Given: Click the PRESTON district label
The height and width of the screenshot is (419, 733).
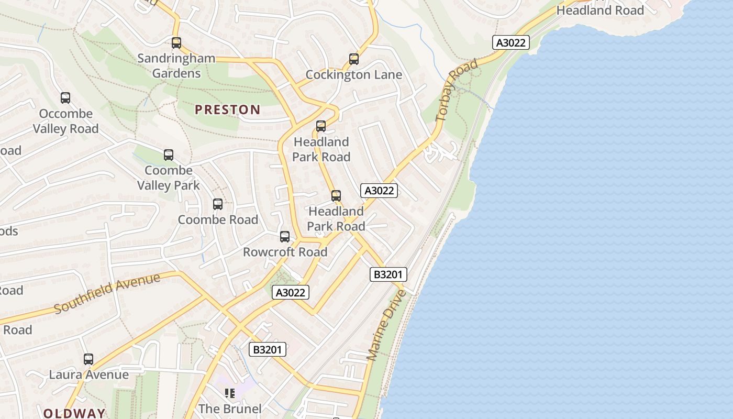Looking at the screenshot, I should point(227,109).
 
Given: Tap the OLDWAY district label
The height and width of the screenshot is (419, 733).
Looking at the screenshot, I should point(74,413).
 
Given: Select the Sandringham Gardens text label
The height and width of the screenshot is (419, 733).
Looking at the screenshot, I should point(176,65).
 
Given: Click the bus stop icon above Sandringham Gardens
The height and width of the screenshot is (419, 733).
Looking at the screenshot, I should point(176,43).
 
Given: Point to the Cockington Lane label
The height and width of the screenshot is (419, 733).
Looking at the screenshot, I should point(354,75).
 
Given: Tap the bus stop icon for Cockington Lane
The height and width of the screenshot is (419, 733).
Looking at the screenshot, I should point(354,59).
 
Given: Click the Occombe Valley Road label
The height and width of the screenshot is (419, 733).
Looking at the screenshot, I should point(66,121).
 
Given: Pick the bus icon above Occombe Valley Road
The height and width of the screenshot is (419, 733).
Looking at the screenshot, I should point(65,98).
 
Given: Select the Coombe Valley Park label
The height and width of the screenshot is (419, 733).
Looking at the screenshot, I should point(169,178).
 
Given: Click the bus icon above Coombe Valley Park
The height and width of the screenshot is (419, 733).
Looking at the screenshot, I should point(169,155).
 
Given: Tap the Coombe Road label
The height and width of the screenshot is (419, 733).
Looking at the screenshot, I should point(218,219).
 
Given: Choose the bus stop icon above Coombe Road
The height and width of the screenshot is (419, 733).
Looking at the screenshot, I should point(218,204).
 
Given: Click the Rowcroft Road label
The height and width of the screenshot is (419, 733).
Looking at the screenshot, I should point(285,252).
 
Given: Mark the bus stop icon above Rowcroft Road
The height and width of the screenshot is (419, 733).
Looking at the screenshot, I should point(285,237).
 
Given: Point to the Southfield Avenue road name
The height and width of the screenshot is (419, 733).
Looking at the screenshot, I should point(107,293).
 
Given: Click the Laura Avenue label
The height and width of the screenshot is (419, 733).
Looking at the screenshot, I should point(88,374).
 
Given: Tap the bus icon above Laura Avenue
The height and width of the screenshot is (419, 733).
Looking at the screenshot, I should point(88,359).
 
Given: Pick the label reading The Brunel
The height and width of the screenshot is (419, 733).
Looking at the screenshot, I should point(230,408).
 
